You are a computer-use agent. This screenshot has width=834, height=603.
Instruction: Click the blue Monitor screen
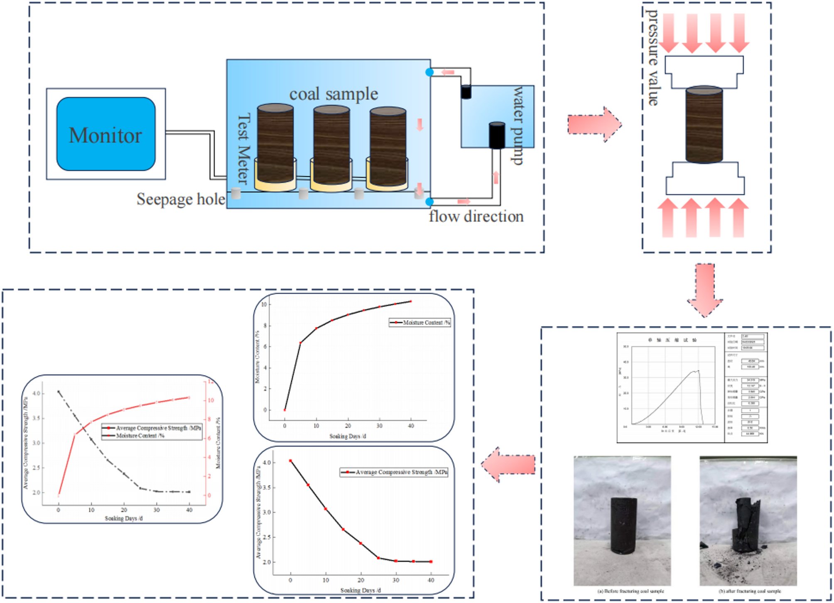coord(105,134)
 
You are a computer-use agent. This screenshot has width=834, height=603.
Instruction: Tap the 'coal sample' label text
coord(333,94)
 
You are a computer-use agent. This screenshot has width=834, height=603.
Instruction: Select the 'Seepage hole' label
coord(181,199)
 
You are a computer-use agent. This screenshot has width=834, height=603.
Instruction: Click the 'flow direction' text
coord(476,216)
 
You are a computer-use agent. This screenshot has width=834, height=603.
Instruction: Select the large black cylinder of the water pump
coord(496,135)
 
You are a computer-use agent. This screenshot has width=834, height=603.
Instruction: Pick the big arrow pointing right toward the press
coord(594,124)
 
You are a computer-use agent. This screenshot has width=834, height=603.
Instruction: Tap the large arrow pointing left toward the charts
coord(508,464)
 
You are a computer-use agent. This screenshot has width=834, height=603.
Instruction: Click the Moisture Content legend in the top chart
coord(419,322)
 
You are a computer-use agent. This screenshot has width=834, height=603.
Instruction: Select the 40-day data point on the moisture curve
coord(411,301)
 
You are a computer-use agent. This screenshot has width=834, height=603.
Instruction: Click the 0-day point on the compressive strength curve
coord(290,461)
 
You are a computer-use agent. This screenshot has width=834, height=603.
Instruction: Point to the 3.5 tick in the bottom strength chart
coord(266,487)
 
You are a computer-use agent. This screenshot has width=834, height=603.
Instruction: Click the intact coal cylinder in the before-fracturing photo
coord(623,525)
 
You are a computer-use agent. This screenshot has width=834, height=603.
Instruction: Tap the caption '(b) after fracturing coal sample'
coord(750,591)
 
